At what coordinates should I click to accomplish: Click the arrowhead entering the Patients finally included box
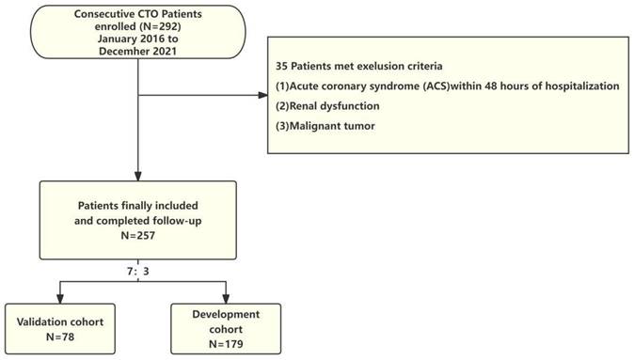(138, 177)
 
